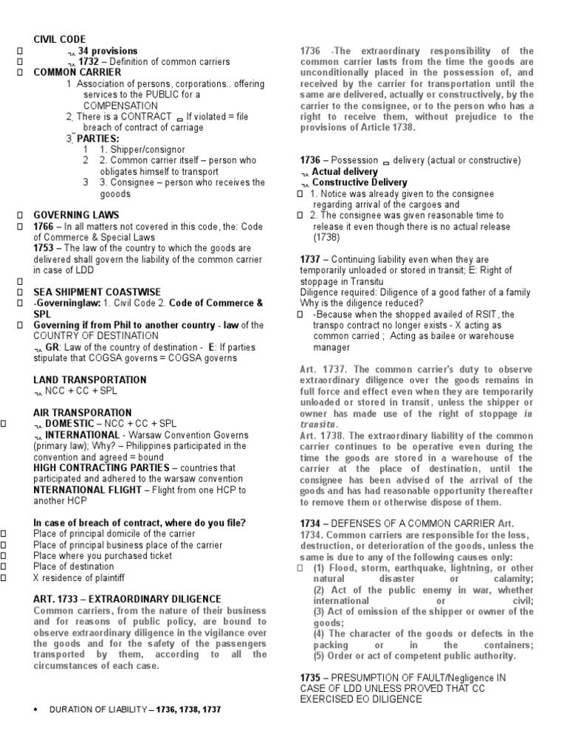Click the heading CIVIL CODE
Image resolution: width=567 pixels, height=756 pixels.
[x=59, y=39]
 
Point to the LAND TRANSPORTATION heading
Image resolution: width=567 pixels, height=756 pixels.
[x=90, y=379]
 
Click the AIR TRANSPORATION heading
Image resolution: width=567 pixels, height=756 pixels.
[x=82, y=413]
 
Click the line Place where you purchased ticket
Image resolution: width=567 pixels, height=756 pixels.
[x=103, y=555]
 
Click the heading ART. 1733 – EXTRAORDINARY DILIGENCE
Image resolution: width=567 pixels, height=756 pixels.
[x=127, y=599]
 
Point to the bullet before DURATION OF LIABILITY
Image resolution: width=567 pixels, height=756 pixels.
[x=37, y=709]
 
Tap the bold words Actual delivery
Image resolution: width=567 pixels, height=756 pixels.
[x=345, y=171]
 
